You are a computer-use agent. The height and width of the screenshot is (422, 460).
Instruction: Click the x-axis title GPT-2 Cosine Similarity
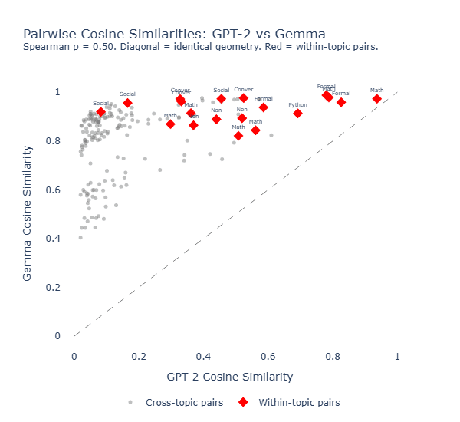tap(229, 377)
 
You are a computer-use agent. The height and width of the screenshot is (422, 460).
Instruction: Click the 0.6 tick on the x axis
tap(268, 356)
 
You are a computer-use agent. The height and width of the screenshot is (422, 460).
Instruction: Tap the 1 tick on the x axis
tap(397, 356)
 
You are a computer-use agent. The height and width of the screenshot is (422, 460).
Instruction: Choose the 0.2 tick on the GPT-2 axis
tap(139, 356)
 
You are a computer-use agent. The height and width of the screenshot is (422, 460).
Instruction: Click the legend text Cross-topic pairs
tap(184, 402)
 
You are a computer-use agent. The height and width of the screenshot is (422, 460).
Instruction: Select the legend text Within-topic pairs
tap(298, 402)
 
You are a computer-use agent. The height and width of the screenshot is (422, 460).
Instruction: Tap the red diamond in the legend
tap(243, 402)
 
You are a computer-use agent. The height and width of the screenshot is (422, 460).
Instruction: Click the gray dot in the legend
tap(130, 402)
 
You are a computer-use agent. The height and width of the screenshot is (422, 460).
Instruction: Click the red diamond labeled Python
tap(297, 114)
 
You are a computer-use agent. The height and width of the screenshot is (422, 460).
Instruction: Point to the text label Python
tap(297, 104)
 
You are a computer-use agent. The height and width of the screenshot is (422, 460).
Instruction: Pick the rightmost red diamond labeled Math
tap(376, 99)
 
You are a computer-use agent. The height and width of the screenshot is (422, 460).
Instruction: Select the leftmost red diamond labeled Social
tap(100, 112)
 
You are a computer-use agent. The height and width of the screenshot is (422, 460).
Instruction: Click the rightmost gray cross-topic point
tap(271, 135)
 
